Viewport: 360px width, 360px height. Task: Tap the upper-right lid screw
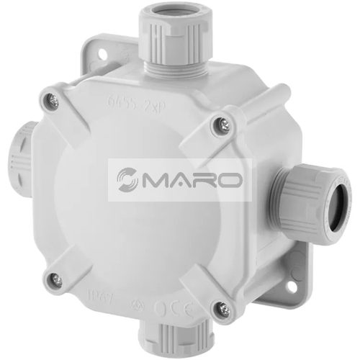(220, 126)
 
